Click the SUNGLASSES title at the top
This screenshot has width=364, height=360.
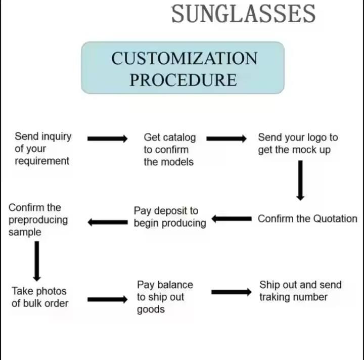243,14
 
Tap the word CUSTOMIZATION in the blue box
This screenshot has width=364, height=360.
184,59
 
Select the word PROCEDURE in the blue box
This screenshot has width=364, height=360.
183,80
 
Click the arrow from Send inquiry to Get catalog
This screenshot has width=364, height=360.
107,139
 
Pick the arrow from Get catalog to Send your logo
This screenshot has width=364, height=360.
226,139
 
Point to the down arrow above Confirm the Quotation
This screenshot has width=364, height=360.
300,180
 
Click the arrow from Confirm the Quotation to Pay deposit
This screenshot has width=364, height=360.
231,219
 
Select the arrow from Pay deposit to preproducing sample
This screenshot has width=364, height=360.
107,222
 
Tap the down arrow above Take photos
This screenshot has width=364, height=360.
36,260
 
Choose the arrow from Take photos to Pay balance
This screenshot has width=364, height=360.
107,299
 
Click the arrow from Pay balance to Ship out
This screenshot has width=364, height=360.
231,292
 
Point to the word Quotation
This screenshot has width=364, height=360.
335,219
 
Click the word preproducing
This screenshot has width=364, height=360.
38,220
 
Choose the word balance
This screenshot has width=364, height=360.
175,285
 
